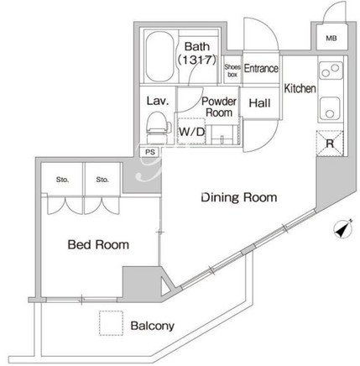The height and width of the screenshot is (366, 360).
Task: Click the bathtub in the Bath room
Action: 159,56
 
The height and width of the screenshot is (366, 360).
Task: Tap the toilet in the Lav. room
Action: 159,128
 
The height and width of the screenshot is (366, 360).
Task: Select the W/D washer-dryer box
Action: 191,131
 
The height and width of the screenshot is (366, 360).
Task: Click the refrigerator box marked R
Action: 330,144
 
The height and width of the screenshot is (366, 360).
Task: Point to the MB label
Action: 331,38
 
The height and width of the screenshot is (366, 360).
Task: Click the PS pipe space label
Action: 150,152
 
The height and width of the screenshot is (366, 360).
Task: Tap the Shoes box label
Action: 232,71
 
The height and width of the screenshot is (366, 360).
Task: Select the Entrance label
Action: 261,68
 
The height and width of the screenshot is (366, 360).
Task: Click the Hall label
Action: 259,103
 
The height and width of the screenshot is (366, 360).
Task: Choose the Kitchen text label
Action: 300,88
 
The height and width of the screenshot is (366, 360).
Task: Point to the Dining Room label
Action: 239,197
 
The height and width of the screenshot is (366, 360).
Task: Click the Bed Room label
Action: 98,244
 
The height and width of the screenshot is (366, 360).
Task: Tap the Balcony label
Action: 153,326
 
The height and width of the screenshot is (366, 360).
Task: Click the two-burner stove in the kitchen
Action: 331,70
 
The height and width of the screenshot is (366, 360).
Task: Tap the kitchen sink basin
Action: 330,108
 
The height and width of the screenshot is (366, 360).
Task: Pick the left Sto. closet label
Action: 62,180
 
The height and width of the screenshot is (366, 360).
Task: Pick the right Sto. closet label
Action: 102,180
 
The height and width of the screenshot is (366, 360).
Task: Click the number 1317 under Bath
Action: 197,60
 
